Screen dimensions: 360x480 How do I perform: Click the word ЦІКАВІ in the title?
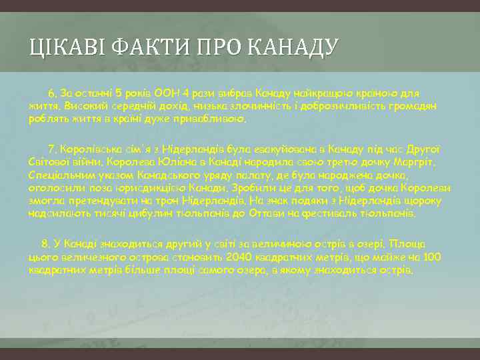click(x=61, y=48)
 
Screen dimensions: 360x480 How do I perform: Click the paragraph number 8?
click(x=46, y=243)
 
